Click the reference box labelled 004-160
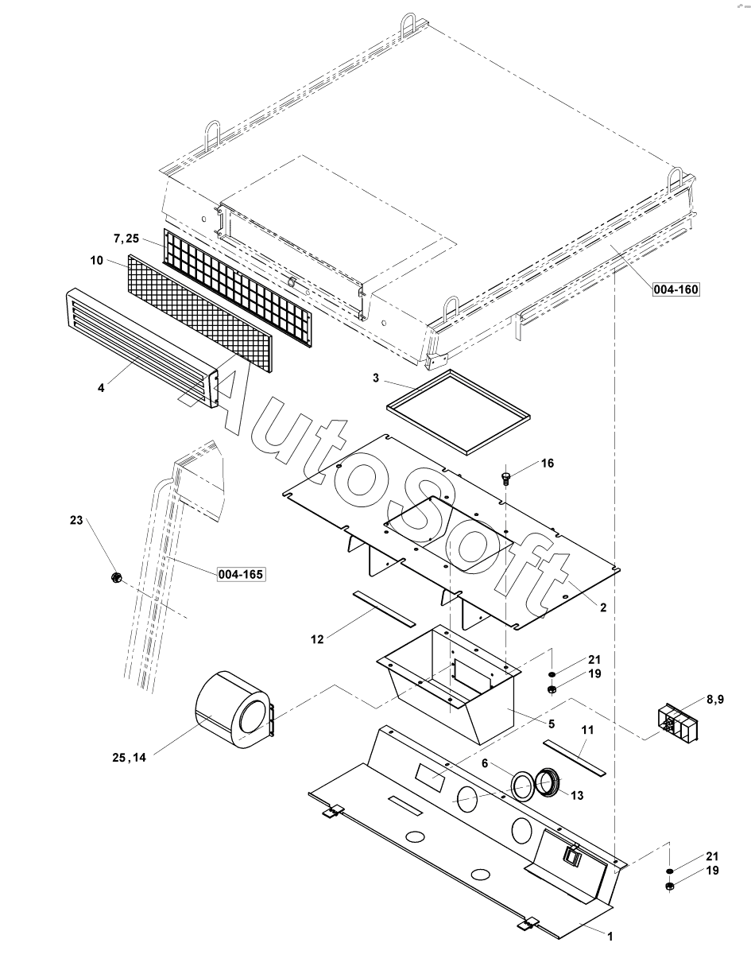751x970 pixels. [676, 290]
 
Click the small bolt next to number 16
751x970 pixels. [506, 477]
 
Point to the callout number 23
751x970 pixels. [76, 520]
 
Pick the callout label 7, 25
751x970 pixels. [126, 239]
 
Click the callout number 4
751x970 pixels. [101, 388]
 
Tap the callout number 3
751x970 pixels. [375, 378]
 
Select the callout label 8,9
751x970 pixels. [715, 700]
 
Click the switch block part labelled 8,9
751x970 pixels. [676, 723]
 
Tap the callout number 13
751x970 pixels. [577, 795]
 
